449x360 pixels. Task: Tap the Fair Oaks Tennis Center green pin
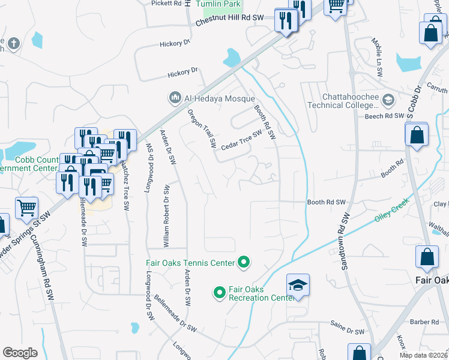tap(244, 262)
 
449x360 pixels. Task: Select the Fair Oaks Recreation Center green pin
tap(220, 293)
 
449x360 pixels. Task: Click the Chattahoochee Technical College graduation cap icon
tap(388, 100)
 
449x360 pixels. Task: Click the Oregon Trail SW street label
tap(201, 128)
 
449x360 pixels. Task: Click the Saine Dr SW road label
tap(348, 331)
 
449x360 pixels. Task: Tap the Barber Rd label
tap(424, 322)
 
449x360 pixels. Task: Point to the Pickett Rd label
tap(166, 4)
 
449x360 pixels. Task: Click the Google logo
tap(20, 352)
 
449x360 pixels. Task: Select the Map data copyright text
tap(423, 355)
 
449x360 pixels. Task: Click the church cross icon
tap(14, 43)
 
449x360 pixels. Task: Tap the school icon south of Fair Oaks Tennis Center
tap(298, 286)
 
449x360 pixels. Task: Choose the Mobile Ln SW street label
tap(377, 58)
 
